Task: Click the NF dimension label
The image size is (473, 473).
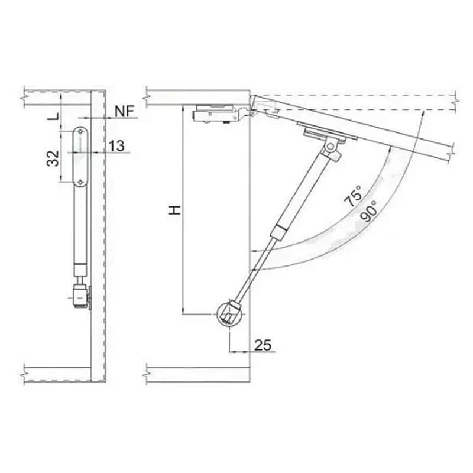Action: point(125,111)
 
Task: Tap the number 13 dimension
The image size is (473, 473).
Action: point(116,146)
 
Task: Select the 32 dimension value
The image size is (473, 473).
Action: point(53,158)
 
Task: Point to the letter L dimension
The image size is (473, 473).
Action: point(53,116)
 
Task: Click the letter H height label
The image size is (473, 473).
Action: point(174,210)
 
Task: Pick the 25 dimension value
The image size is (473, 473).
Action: point(263,345)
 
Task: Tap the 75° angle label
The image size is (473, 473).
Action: point(354,196)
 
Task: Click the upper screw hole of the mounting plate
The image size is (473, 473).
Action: point(80,131)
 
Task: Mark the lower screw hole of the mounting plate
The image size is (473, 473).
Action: point(80,182)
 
